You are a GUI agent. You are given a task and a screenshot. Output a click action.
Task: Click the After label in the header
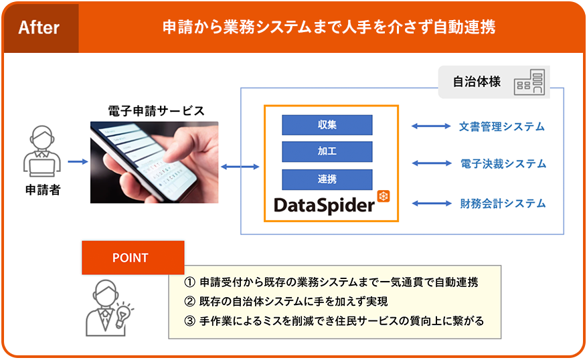[x=39, y=27]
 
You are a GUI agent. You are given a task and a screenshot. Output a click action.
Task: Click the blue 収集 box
[x=327, y=125]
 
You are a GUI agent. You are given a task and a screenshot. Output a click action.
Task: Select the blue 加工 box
[x=327, y=152]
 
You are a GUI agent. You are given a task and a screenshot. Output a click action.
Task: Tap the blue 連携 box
[x=327, y=179]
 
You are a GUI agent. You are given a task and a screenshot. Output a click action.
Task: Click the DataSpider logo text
[x=324, y=204]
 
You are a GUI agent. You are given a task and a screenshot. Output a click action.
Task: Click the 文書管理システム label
[x=502, y=126]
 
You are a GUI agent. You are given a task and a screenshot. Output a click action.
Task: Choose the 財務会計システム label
[x=503, y=203]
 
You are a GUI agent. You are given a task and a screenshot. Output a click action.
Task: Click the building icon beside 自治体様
[x=529, y=84]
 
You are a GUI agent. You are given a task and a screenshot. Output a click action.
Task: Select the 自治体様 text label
[x=477, y=84]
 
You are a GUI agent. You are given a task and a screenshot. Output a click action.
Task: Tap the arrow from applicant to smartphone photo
[x=78, y=161]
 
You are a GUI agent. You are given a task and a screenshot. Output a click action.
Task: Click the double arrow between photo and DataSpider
[x=241, y=167]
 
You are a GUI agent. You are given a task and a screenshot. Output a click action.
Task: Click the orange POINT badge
[x=133, y=258]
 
